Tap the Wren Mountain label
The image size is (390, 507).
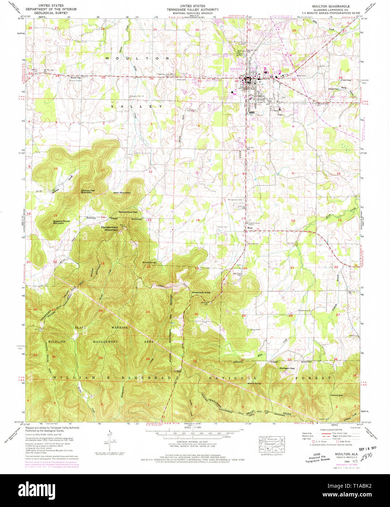click(122, 193)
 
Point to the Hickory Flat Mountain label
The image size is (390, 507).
click(88, 191)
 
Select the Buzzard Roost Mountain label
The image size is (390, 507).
click(61, 222)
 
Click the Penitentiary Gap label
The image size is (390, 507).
click(128, 212)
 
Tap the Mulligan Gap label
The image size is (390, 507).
click(287, 368)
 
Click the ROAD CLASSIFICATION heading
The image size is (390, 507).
click(331, 430)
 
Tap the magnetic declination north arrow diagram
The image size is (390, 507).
click(108, 440)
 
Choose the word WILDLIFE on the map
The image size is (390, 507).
click(56, 341)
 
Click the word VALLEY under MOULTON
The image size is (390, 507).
click(136, 106)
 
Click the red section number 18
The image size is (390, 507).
click(198, 220)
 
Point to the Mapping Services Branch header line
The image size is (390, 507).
click(192, 13)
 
